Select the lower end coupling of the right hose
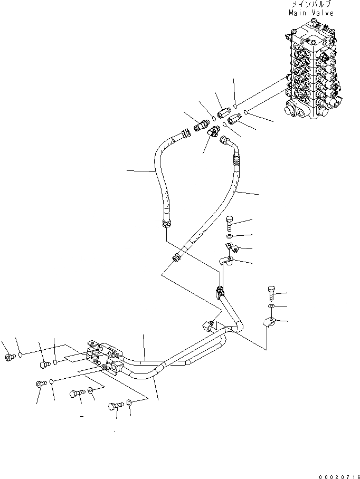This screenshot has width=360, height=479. coord(176,257)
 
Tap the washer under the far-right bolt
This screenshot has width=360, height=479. coord(271,306)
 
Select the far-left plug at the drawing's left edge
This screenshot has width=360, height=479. coord(9,358)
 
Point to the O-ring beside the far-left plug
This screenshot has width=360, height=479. coord(20,355)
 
